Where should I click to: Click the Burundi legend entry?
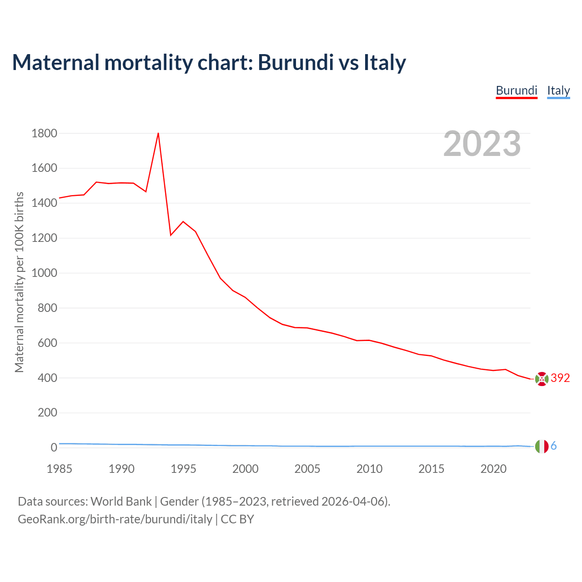(x=517, y=90)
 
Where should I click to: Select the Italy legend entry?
(x=558, y=90)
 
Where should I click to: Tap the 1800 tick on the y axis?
(x=44, y=133)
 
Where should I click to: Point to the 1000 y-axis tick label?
(x=44, y=273)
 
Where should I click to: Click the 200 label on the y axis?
(x=48, y=412)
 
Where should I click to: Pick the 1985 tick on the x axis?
(x=59, y=468)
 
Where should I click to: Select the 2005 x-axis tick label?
(x=307, y=468)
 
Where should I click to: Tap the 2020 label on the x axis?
(x=493, y=468)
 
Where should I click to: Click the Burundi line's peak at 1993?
(x=158, y=133)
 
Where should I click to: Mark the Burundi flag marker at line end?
(x=542, y=378)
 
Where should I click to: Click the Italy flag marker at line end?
(x=542, y=447)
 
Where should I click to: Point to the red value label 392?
(x=560, y=378)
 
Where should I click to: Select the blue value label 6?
(x=553, y=446)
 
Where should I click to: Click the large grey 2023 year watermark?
(x=482, y=144)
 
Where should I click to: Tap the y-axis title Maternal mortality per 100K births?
(x=19, y=282)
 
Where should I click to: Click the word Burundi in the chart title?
(x=296, y=62)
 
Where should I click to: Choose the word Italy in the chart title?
(x=384, y=62)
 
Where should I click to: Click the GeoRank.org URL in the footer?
(x=115, y=519)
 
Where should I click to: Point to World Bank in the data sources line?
(x=121, y=502)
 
